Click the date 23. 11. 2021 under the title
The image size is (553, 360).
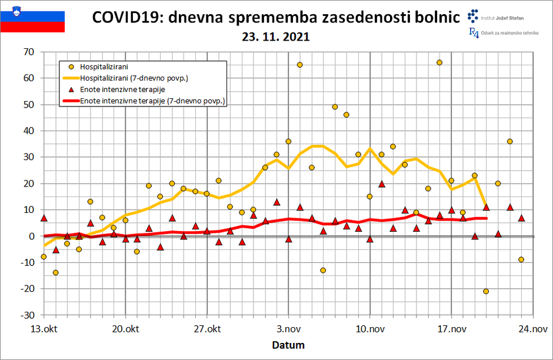pyautogui.click(x=275, y=36)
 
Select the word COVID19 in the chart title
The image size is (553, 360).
pyautogui.click(x=126, y=18)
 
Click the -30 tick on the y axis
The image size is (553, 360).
pyautogui.click(x=28, y=315)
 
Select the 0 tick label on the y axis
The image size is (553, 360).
pyautogui.click(x=32, y=236)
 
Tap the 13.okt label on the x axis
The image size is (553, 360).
pyautogui.click(x=44, y=328)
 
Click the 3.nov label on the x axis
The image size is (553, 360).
pyautogui.click(x=288, y=328)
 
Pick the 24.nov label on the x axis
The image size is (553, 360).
pyautogui.click(x=532, y=328)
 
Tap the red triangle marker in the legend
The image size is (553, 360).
pyautogui.click(x=71, y=89)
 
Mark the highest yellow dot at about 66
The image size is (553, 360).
pyautogui.click(x=439, y=62)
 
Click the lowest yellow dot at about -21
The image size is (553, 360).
pyautogui.click(x=486, y=291)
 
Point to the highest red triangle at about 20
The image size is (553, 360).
pyautogui.click(x=382, y=184)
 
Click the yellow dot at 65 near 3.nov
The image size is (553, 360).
pyautogui.click(x=299, y=65)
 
